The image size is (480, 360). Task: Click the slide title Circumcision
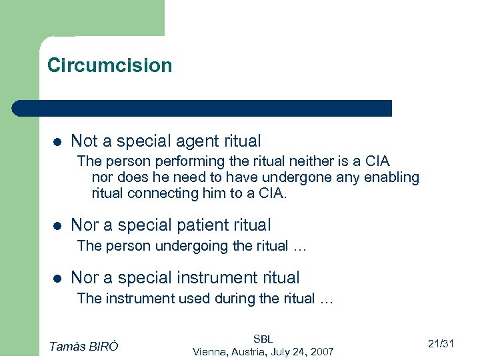click(x=109, y=65)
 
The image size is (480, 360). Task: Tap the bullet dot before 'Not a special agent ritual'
click(x=57, y=142)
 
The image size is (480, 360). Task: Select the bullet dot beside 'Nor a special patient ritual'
click(x=57, y=226)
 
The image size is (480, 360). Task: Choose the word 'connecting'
click(x=164, y=193)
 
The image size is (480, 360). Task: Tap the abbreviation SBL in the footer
click(x=263, y=339)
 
